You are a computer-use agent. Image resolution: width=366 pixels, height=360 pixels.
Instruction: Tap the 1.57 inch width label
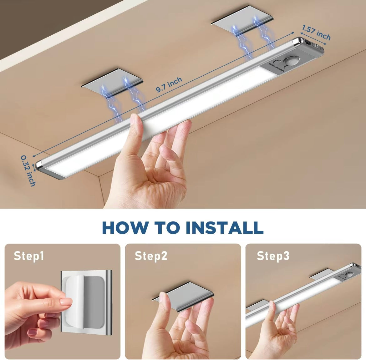(316, 33)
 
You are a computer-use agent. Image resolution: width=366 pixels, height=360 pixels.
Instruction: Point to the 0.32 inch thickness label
(28, 170)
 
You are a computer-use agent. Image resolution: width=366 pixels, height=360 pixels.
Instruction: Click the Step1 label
(29, 256)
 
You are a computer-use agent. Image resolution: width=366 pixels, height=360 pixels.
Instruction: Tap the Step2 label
(151, 256)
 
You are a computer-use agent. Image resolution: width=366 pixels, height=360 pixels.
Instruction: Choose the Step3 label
(273, 256)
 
